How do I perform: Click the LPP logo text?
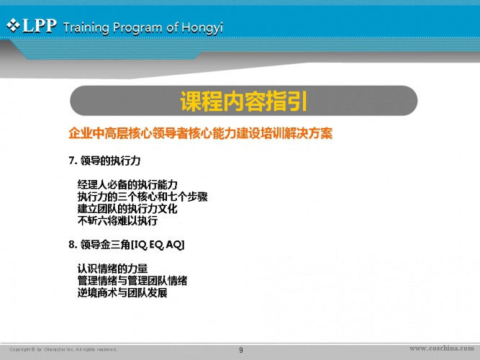(x=40, y=26)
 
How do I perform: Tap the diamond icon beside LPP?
(x=13, y=25)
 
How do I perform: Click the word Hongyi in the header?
(x=202, y=28)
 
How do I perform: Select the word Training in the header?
(x=86, y=28)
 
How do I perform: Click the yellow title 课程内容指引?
(x=244, y=101)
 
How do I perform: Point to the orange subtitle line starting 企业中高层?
(x=201, y=133)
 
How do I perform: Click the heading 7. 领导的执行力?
(x=104, y=161)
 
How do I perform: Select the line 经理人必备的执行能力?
(x=127, y=184)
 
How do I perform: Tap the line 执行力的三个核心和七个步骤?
(x=142, y=197)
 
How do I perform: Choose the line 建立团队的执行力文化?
(x=127, y=209)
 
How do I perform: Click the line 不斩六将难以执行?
(x=117, y=220)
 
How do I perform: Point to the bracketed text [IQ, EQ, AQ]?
(x=158, y=245)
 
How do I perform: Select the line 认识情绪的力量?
(x=112, y=269)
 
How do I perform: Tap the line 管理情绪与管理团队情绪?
(x=132, y=281)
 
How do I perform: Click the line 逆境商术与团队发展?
(x=122, y=293)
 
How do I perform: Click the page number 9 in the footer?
(x=241, y=350)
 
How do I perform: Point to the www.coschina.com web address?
(x=442, y=348)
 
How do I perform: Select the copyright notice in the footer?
(x=63, y=350)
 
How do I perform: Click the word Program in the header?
(x=137, y=28)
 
